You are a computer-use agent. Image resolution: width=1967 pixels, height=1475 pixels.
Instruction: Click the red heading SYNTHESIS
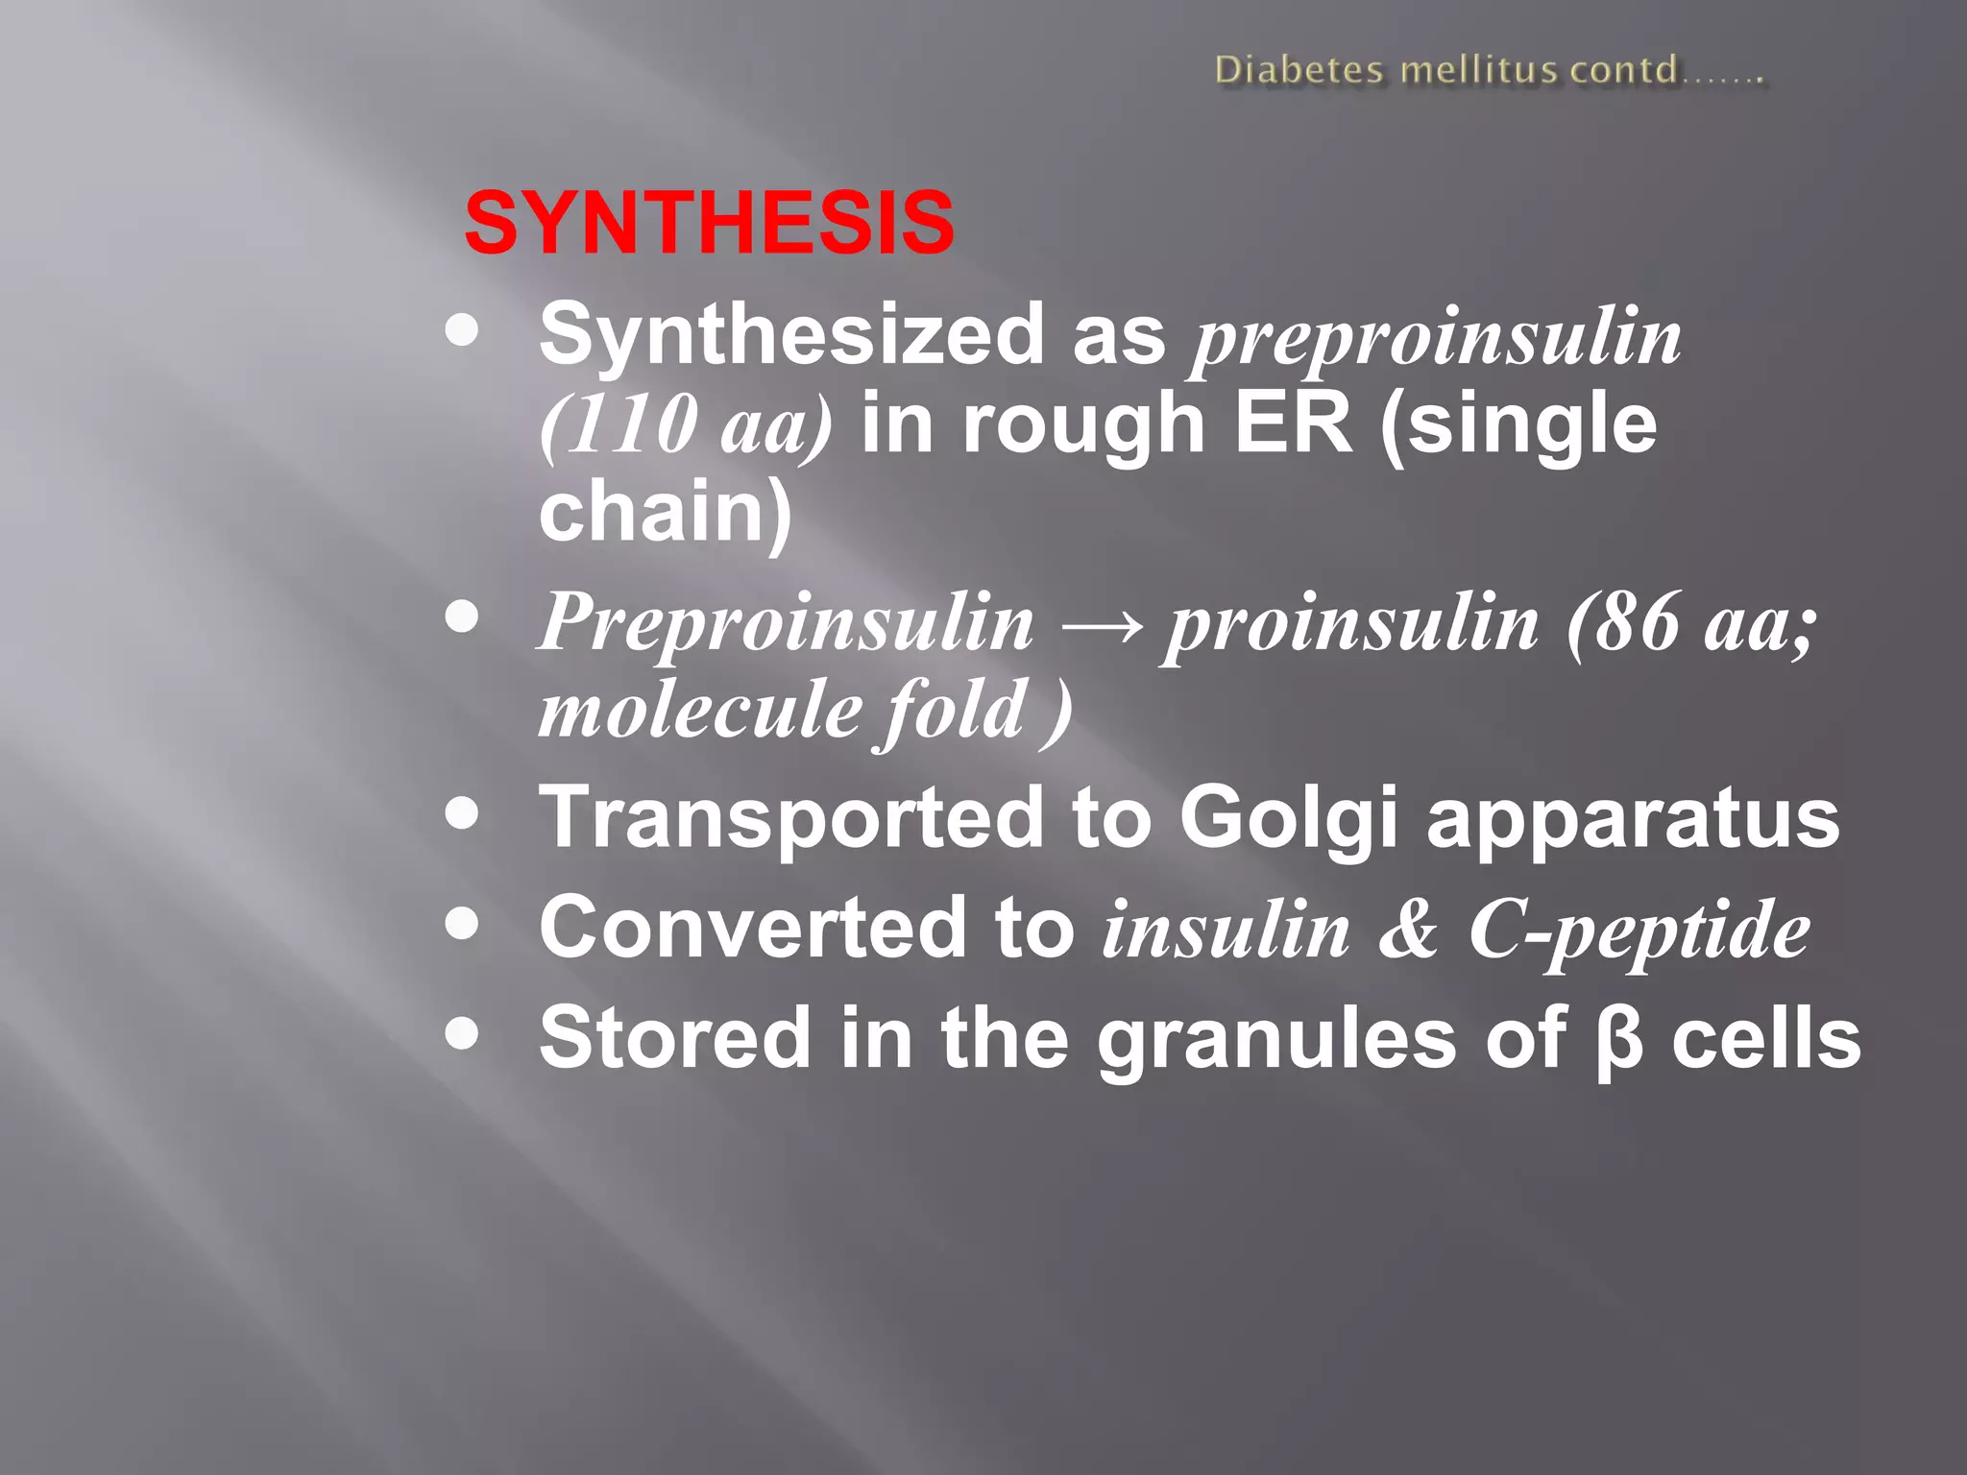tap(709, 223)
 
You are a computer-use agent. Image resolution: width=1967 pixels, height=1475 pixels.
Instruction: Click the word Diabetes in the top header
tap(1299, 71)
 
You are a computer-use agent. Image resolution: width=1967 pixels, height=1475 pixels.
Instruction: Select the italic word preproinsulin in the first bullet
tap(1436, 339)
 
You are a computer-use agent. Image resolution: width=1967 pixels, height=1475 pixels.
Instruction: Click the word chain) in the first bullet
tap(666, 511)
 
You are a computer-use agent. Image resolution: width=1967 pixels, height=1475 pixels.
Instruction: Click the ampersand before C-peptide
tap(1409, 930)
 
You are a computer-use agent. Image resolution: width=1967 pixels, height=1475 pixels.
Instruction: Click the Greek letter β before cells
tap(1619, 1040)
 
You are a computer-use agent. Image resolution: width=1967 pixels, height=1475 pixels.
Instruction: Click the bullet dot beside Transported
tap(463, 814)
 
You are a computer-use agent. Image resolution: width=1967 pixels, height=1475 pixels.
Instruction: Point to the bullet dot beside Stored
tap(463, 1034)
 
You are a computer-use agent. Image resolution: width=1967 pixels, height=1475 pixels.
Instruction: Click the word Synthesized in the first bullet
tap(790, 336)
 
